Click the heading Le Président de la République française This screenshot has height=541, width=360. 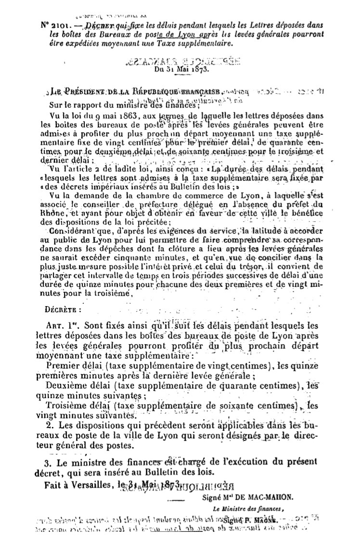pos(135,91)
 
